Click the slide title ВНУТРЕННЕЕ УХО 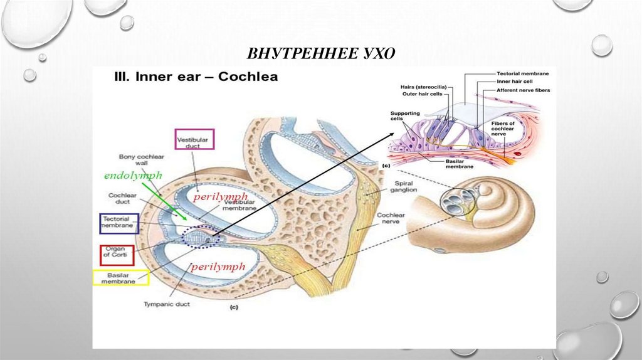coord(321,53)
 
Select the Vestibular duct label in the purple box coord(194,139)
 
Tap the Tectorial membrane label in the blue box coord(119,223)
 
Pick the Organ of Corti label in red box coord(117,254)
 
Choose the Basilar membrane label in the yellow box coord(120,278)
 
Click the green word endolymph coord(133,176)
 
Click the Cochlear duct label coord(123,199)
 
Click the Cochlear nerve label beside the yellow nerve coord(390,219)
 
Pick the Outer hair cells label coord(422,94)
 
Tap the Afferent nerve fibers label coord(523,90)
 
